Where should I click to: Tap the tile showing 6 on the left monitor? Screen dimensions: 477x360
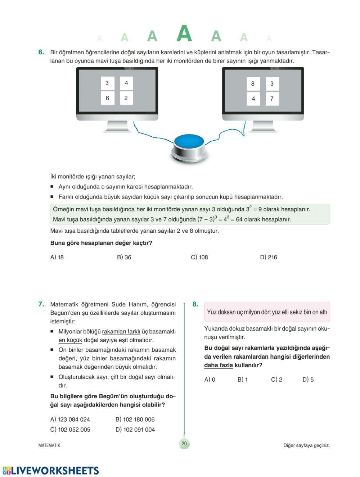pyautogui.click(x=107, y=98)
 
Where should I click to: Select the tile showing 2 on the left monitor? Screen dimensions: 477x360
pyautogui.click(x=126, y=98)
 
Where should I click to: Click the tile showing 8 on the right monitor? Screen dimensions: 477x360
pyautogui.click(x=253, y=84)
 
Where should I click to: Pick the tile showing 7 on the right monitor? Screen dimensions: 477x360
pyautogui.click(x=272, y=99)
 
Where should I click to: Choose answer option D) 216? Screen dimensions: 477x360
pyautogui.click(x=268, y=257)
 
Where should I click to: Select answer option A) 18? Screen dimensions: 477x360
pyautogui.click(x=57, y=257)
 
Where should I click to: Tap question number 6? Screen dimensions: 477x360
pyautogui.click(x=41, y=52)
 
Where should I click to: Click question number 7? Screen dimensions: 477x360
pyautogui.click(x=41, y=304)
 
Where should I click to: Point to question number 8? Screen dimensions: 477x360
pyautogui.click(x=195, y=304)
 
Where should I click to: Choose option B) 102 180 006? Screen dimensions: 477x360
pyautogui.click(x=135, y=419)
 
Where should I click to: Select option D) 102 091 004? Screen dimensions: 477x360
pyautogui.click(x=135, y=430)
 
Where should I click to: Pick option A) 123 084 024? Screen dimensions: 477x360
pyautogui.click(x=70, y=419)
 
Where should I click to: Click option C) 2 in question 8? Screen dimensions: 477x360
pyautogui.click(x=276, y=380)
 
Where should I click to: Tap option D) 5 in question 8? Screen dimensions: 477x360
pyautogui.click(x=308, y=380)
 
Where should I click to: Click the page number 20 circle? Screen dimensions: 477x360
pyautogui.click(x=184, y=444)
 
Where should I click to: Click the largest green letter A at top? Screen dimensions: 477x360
pyautogui.click(x=184, y=33)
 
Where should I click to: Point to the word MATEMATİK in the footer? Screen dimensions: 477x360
pyautogui.click(x=49, y=445)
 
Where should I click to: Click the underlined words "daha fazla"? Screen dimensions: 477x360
pyautogui.click(x=219, y=365)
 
